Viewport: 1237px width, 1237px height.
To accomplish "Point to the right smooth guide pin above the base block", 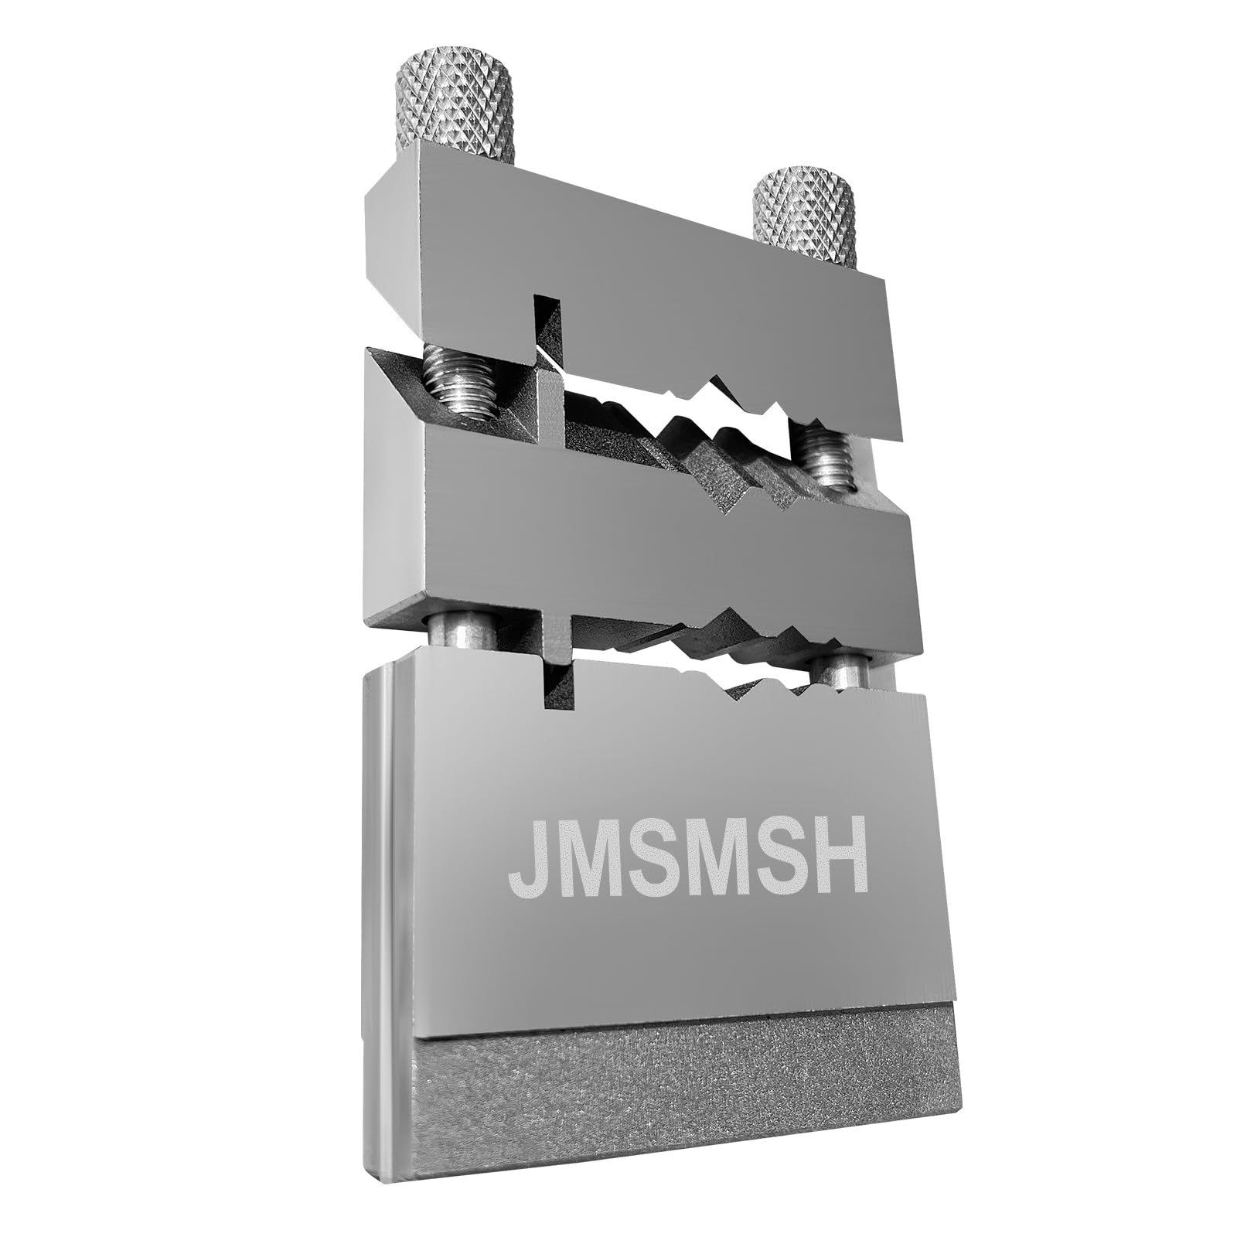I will click(x=843, y=670).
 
